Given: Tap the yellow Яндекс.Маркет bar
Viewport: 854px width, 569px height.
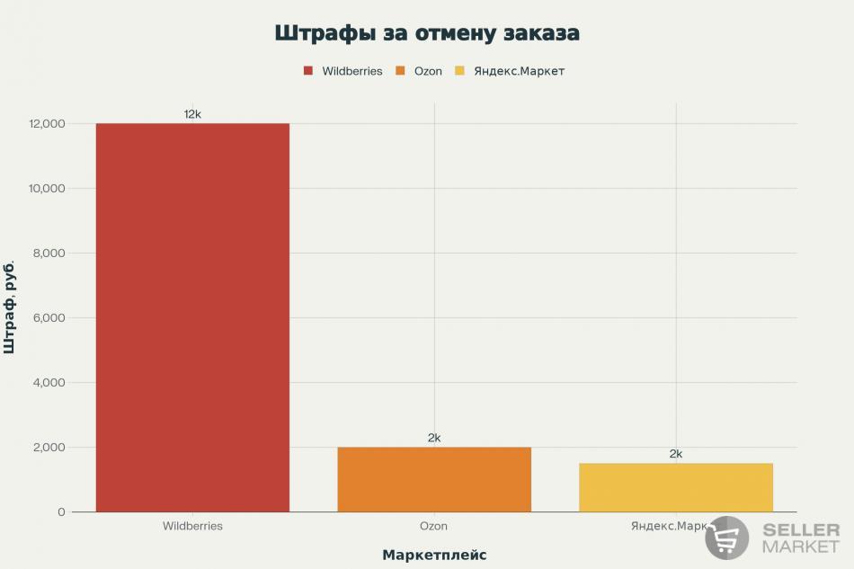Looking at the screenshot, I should (676, 487).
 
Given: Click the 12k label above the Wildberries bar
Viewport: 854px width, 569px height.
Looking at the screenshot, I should (192, 114).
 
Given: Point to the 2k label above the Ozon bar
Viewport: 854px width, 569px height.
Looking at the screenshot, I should (434, 438).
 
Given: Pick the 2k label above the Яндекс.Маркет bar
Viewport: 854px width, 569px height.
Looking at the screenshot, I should (676, 454).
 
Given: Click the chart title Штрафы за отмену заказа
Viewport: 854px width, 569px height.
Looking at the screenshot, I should (427, 33).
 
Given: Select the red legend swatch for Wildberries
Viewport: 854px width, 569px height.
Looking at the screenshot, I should (308, 71).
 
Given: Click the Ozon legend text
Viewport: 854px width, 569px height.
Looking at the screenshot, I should (428, 71).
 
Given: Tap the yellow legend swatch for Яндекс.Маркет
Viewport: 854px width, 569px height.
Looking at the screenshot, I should (460, 71).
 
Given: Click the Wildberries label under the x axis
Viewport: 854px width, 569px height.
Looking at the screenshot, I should (192, 526).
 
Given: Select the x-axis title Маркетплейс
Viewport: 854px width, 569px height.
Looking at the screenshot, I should (434, 555).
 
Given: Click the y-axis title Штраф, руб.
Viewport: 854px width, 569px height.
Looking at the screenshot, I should (10, 307).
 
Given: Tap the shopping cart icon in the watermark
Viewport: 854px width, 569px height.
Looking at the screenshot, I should (727, 538).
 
